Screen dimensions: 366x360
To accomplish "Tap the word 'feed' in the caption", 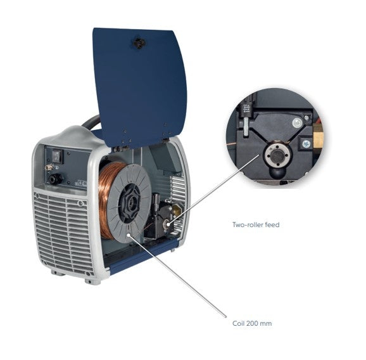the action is [x=273, y=224].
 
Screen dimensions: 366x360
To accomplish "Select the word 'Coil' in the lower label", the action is [x=238, y=323].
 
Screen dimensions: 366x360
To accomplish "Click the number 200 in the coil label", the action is [x=251, y=323].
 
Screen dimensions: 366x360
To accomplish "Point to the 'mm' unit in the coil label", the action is [x=266, y=324].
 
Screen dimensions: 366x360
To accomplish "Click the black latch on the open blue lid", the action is [x=139, y=42].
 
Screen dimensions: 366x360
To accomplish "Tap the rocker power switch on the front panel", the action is [x=58, y=155].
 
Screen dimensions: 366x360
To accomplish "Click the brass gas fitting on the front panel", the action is [x=49, y=167].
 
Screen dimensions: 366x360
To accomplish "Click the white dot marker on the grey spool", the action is [x=128, y=235].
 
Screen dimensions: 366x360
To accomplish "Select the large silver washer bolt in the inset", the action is [x=298, y=122].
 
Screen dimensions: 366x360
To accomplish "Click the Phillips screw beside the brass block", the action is [x=306, y=143].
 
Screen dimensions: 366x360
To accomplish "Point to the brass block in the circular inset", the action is [x=318, y=137].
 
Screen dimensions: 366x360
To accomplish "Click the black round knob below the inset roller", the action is [x=277, y=173].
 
